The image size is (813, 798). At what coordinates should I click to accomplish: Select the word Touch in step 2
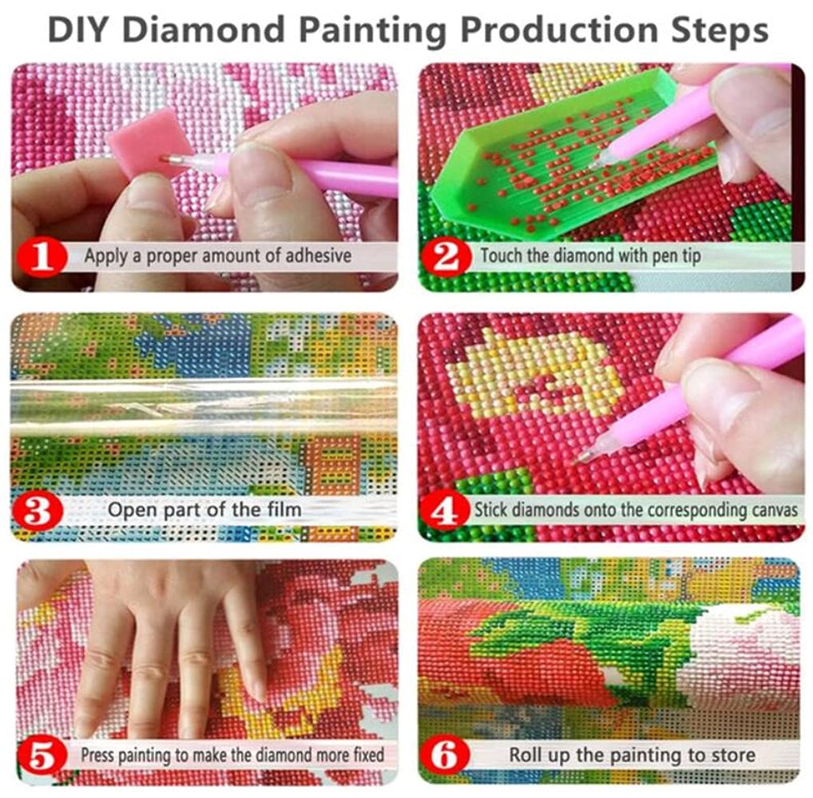click(501, 257)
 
